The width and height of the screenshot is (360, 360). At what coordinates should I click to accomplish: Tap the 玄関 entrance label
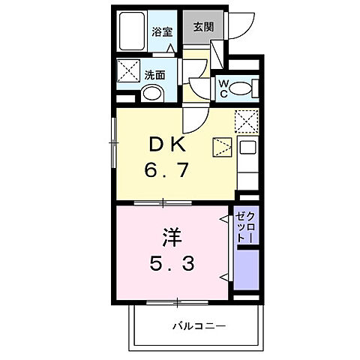(201, 28)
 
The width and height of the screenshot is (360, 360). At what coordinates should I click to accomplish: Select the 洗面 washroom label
(154, 74)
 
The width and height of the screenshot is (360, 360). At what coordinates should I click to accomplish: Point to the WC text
(223, 88)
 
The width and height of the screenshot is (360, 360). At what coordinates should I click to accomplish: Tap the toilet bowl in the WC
(241, 88)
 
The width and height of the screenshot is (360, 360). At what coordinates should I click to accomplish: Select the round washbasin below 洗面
(151, 94)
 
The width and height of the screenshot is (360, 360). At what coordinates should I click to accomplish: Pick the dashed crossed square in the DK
(246, 120)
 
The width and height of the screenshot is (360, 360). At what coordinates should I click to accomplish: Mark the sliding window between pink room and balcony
(177, 301)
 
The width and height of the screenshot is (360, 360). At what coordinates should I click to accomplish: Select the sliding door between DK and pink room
(162, 202)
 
